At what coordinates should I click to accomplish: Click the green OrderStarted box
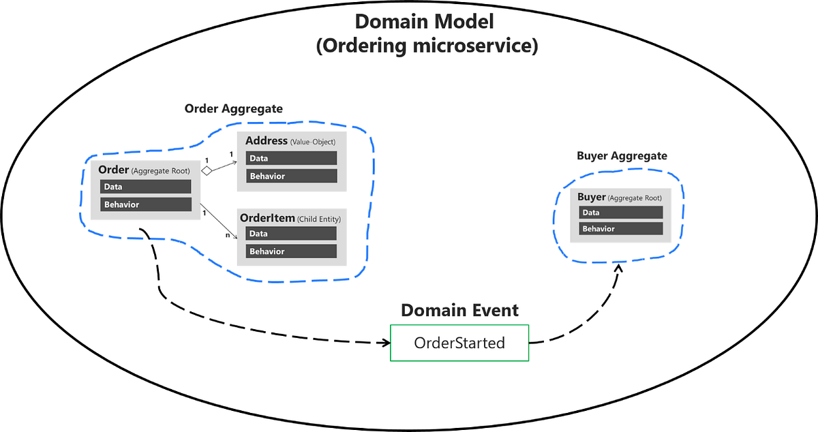click(x=459, y=343)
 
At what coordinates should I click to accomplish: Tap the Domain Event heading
click(x=459, y=311)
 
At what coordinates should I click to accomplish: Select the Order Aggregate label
click(x=233, y=109)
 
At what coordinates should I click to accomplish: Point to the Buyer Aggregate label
click(x=622, y=156)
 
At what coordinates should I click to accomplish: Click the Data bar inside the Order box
click(x=145, y=187)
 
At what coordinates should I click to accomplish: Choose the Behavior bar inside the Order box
click(x=145, y=204)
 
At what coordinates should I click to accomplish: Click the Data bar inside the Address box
click(x=291, y=158)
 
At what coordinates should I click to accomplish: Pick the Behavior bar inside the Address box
click(x=291, y=176)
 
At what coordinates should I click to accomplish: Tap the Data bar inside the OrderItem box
click(x=291, y=234)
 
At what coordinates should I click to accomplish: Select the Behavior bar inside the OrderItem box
click(x=291, y=251)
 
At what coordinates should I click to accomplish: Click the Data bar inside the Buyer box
click(x=621, y=213)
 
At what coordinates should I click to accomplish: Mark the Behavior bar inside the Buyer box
click(x=621, y=229)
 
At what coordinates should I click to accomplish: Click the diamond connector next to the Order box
click(x=206, y=172)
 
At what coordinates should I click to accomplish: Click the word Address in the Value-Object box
click(x=267, y=141)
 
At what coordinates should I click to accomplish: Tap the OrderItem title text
click(x=267, y=218)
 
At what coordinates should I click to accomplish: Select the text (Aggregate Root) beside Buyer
click(x=635, y=198)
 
